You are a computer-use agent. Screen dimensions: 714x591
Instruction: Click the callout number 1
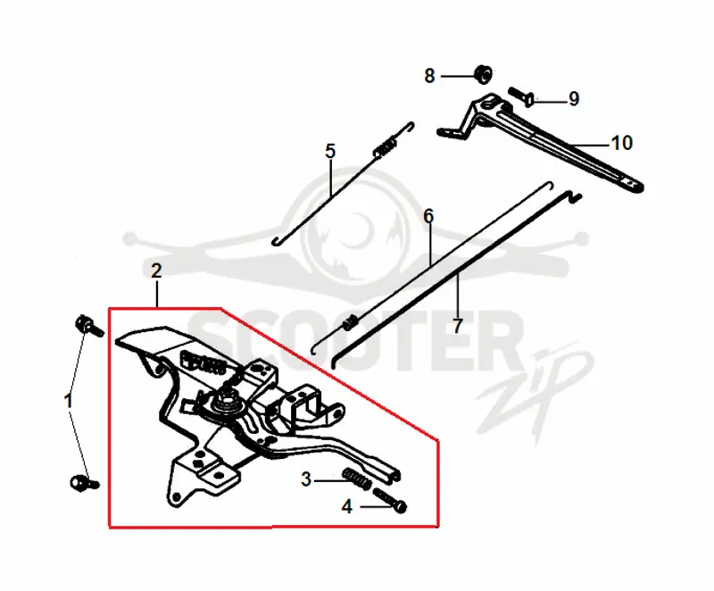tap(69, 401)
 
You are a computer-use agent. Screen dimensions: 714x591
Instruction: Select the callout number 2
tap(156, 271)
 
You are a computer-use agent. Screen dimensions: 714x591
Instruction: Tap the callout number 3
tap(306, 479)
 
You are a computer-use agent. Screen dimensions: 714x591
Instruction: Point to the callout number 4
tap(347, 506)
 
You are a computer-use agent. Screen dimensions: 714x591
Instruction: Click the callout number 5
tap(330, 151)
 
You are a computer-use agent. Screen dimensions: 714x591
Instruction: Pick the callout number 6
tap(428, 216)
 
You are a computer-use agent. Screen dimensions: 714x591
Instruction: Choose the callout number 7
tap(458, 326)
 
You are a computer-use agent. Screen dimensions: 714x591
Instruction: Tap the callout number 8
tap(429, 76)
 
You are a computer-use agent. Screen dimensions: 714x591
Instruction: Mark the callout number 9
tap(574, 99)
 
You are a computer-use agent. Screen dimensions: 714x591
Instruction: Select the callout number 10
tap(622, 143)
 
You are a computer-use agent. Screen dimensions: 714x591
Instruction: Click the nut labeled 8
tap(483, 74)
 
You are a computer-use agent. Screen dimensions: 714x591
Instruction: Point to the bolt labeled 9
tap(521, 96)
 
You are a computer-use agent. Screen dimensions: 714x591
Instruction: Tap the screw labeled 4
tap(390, 500)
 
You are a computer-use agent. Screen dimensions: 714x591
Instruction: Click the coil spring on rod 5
tap(385, 147)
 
